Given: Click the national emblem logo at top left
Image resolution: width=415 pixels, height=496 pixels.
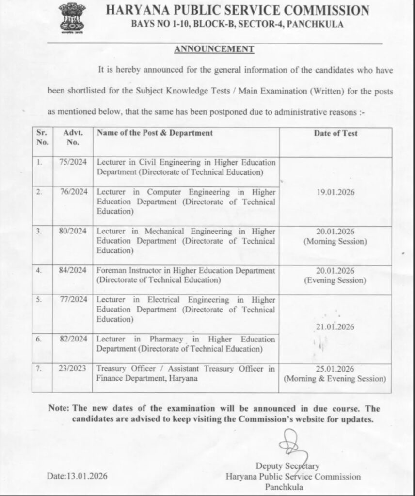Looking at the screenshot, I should point(72,18).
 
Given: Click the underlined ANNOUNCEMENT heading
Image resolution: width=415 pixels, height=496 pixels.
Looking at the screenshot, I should point(214,49).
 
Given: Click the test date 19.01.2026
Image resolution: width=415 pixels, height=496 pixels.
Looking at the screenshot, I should point(335,192).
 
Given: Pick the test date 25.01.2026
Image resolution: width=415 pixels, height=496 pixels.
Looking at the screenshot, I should point(335,369).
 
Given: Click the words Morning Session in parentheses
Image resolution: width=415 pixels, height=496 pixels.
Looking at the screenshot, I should point(335,241).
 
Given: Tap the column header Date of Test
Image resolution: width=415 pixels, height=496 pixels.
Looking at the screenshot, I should point(335,133).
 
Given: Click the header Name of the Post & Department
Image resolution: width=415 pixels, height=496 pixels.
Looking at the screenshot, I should point(155,133).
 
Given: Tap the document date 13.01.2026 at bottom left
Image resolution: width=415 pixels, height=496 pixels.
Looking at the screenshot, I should point(77,476).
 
